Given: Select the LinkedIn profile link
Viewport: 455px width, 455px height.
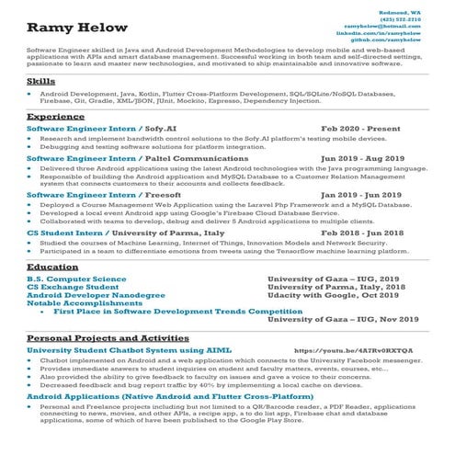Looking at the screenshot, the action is [389, 34].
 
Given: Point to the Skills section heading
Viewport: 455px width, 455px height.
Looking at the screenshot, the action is [41, 83].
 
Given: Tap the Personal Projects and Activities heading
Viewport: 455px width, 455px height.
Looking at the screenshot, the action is [108, 338].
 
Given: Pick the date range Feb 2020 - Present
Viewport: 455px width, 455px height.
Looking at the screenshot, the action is [361, 130].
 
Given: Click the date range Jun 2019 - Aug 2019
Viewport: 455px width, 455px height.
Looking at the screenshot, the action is [362, 158].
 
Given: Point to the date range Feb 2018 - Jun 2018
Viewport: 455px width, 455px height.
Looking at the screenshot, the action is [362, 233].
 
